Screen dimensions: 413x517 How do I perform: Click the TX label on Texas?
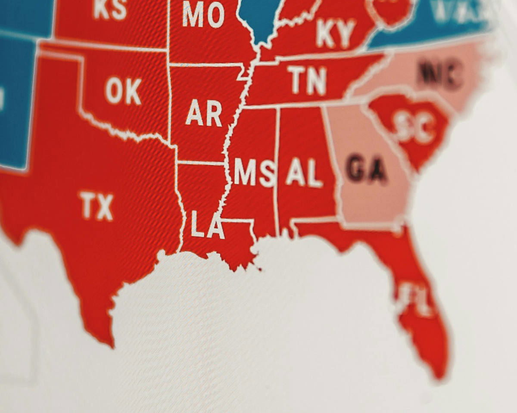[x=97, y=207]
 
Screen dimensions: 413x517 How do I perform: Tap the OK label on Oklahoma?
[x=123, y=91]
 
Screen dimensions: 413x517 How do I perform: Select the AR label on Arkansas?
[x=204, y=114]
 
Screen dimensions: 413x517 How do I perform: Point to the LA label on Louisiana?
[x=208, y=225]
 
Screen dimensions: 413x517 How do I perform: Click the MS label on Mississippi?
[x=255, y=172]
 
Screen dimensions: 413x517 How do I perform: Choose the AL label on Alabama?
[x=304, y=173]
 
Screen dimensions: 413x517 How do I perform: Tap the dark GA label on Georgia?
[x=367, y=169]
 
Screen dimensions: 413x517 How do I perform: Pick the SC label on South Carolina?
[x=414, y=126]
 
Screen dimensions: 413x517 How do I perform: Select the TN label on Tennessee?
[x=307, y=80]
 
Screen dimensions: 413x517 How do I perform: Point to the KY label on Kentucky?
[x=336, y=34]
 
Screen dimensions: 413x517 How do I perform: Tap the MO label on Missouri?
[x=203, y=14]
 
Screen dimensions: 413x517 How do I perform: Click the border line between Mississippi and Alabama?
[x=277, y=172]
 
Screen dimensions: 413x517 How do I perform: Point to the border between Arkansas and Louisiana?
[x=201, y=163]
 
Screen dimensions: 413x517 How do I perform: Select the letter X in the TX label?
[x=105, y=207]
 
